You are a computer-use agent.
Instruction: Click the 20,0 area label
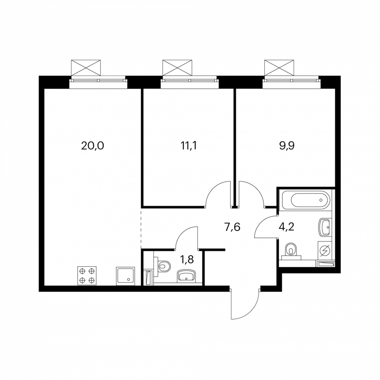(92, 146)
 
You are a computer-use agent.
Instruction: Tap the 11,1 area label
(189, 146)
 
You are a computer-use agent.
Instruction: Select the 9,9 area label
(287, 146)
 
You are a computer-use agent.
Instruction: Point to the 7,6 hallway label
(232, 227)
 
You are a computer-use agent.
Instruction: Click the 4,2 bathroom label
(286, 227)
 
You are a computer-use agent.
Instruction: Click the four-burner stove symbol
(87, 276)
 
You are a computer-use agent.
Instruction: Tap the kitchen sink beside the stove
(126, 276)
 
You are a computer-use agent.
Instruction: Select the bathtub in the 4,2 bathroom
(305, 200)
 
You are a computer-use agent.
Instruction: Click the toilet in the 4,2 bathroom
(291, 250)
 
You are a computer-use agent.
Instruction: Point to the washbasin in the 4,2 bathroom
(324, 227)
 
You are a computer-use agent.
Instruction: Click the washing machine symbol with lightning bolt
(324, 251)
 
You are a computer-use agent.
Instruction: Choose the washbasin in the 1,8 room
(186, 276)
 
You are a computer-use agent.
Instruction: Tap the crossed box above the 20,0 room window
(86, 68)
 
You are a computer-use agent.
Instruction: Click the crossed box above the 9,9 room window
(279, 68)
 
